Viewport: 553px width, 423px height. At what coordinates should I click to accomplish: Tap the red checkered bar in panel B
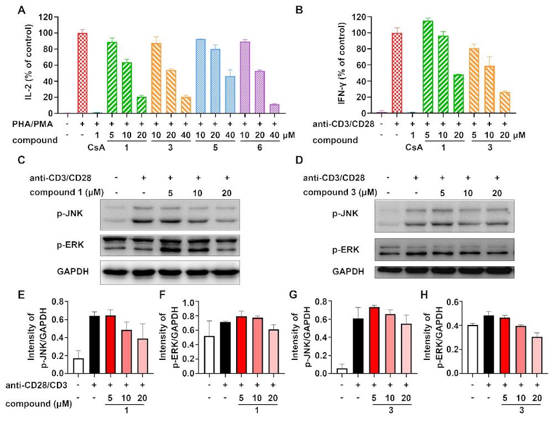pyautogui.click(x=397, y=80)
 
